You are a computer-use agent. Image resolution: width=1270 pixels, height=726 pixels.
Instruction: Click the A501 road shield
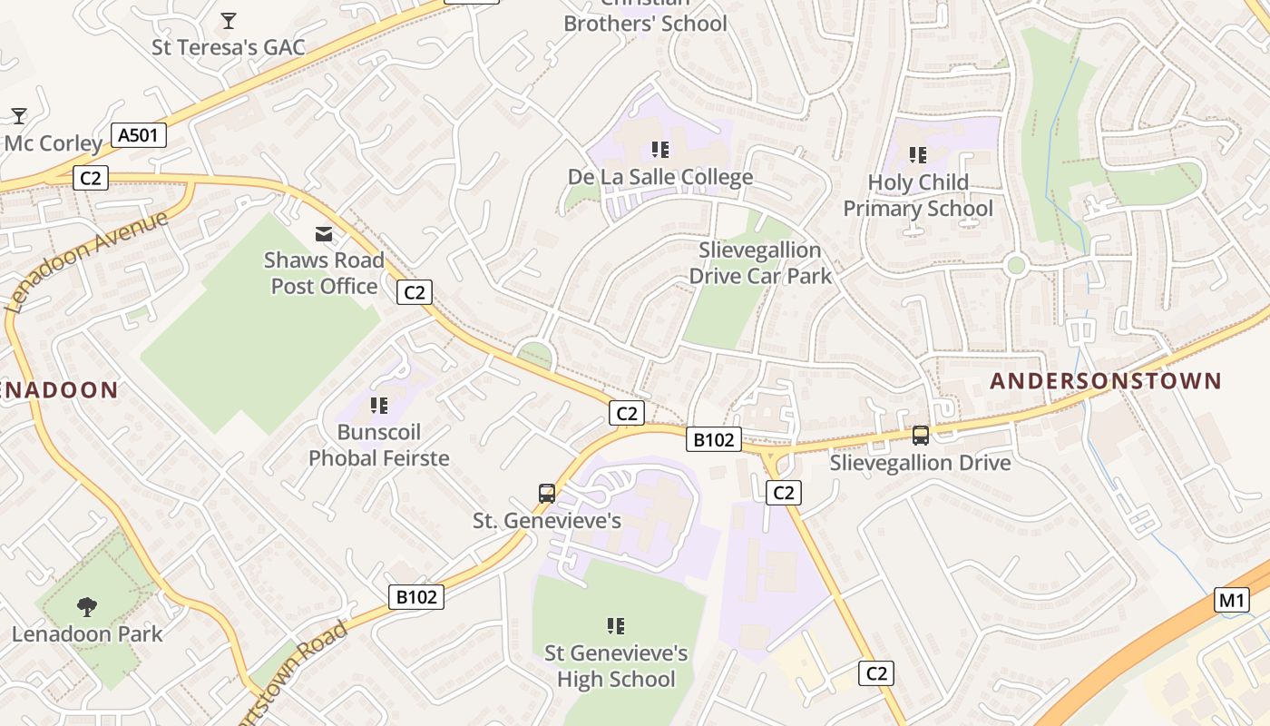139,136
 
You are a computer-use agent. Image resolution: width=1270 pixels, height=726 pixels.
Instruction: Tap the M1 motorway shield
1231,600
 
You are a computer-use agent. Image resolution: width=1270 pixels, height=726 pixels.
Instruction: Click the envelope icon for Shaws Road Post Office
324,235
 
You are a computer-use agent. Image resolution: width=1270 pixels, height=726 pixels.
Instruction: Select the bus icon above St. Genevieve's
547,494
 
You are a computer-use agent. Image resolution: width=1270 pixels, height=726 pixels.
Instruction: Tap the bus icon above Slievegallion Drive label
921,436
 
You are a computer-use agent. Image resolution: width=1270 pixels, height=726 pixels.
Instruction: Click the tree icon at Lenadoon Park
87,606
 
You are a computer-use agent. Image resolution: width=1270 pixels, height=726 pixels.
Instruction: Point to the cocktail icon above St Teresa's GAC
229,20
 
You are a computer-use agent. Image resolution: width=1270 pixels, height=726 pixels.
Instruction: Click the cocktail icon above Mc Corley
18,116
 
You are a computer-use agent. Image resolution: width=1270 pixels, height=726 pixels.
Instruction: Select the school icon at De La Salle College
660,150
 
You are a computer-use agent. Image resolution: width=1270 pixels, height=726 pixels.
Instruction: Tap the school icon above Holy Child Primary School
918,156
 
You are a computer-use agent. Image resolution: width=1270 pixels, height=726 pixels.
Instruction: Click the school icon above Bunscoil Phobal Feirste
379,406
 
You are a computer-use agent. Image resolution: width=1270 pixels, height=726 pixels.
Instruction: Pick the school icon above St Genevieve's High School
616,626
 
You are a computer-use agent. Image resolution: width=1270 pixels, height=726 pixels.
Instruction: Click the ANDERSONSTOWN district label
1105,381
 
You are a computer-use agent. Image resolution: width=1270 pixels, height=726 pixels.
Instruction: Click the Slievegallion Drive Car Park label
760,262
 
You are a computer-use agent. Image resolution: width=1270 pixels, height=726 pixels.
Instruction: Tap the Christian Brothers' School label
645,18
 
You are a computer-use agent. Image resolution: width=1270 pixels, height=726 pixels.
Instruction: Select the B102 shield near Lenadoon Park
416,596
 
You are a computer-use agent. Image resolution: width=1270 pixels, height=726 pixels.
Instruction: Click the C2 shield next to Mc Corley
90,178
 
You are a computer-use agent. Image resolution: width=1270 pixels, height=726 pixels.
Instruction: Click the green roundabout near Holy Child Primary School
1016,266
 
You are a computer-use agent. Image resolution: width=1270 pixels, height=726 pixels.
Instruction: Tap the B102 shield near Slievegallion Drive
713,440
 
